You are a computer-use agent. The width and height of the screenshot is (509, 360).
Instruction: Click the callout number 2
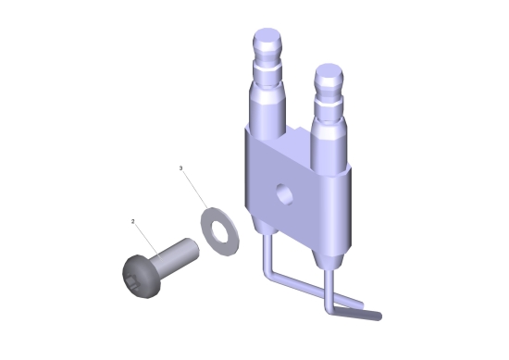pos(132,222)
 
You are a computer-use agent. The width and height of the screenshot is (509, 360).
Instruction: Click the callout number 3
pos(181,168)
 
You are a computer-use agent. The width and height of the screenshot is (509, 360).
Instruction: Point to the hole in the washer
pos(219,231)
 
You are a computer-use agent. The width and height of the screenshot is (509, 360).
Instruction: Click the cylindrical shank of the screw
pos(176,255)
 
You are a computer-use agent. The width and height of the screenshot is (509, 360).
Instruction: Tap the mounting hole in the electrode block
pos(285,193)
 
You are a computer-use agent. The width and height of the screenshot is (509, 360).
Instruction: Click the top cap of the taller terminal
pos(267,39)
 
